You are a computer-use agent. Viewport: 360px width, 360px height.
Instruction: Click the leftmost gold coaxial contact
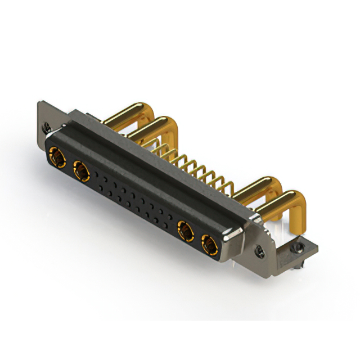(56, 156)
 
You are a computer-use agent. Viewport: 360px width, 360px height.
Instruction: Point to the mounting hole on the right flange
(259, 250)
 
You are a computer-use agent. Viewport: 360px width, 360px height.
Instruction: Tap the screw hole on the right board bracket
(299, 247)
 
